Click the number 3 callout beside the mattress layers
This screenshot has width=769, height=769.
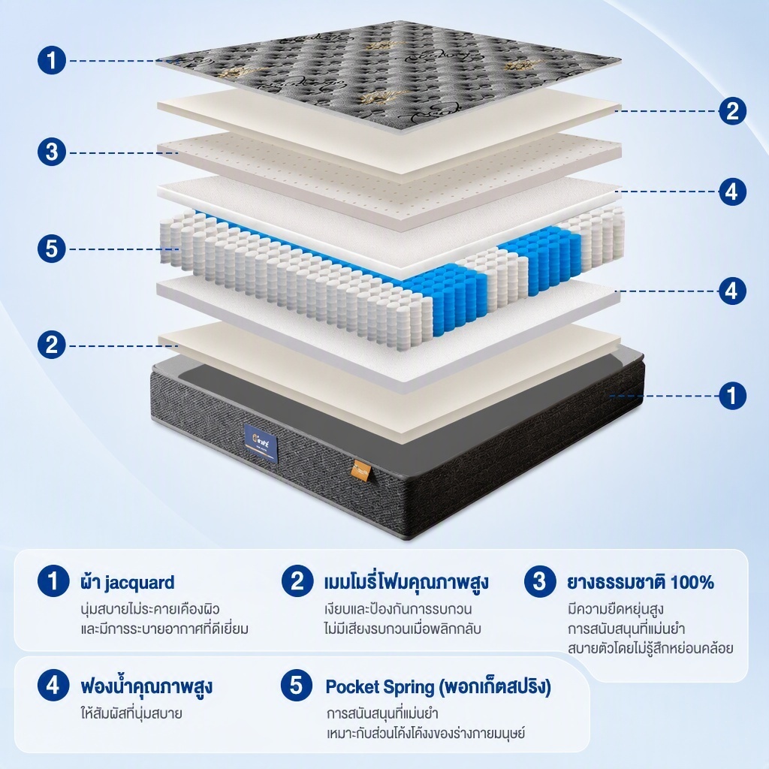[52, 152]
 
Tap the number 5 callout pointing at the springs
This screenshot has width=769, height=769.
[52, 249]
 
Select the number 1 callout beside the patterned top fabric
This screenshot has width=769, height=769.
[52, 61]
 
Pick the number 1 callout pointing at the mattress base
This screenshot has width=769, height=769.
[732, 395]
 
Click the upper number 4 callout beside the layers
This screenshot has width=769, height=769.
[732, 191]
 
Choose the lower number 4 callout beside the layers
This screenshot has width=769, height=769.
[732, 291]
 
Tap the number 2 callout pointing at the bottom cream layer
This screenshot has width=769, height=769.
[52, 345]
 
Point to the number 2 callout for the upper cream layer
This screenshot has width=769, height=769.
[732, 111]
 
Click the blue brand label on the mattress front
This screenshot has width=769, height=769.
[261, 444]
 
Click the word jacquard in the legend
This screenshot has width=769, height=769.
[140, 583]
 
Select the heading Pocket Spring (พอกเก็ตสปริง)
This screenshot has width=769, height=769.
[439, 686]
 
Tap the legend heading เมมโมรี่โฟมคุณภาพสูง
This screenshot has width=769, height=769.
[406, 582]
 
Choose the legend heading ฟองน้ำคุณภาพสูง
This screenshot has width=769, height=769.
[146, 686]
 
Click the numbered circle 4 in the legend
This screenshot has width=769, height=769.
[53, 685]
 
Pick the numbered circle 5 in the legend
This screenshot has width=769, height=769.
[296, 685]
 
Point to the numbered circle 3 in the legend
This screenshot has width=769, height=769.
[539, 581]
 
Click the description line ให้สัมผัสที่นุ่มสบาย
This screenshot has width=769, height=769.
[131, 713]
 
